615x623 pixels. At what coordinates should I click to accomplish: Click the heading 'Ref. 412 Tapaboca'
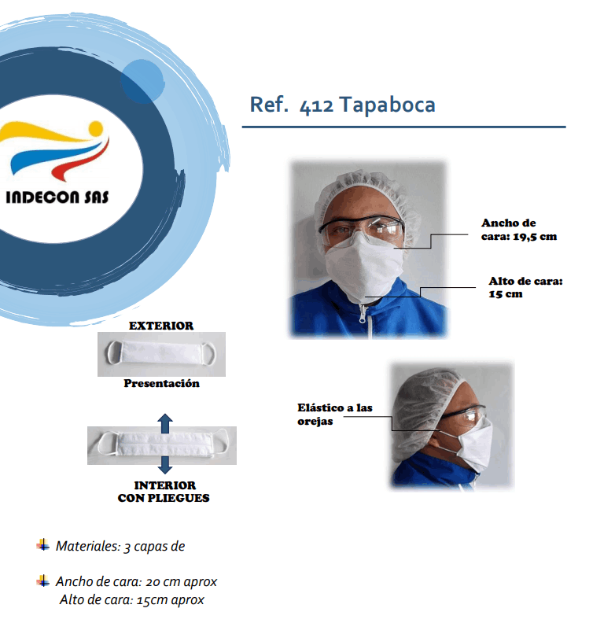tap(342, 105)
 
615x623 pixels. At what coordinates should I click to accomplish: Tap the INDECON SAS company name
tap(57, 197)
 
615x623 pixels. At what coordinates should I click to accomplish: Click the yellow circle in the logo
tap(96, 129)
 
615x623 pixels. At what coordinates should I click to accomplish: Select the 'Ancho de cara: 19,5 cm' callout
tap(519, 230)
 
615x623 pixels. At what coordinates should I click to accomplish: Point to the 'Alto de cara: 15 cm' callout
tap(525, 287)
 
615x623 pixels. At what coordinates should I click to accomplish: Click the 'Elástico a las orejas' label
tap(335, 414)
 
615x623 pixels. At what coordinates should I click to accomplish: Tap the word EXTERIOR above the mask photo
tap(161, 326)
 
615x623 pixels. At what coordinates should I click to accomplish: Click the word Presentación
tap(161, 383)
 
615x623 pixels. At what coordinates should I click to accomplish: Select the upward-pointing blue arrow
tap(165, 423)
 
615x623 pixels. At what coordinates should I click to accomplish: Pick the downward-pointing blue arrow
tap(165, 464)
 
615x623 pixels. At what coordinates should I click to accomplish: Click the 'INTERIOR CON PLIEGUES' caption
tap(164, 492)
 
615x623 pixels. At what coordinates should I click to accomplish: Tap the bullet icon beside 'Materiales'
tap(43, 544)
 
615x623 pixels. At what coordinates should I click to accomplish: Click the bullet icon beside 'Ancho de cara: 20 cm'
tap(43, 581)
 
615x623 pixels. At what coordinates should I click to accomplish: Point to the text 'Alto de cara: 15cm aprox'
tap(132, 599)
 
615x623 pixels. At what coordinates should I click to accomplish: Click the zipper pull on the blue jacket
tap(363, 317)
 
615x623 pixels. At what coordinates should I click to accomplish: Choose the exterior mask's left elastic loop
tap(112, 353)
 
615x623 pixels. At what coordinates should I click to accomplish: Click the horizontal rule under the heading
tap(404, 127)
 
